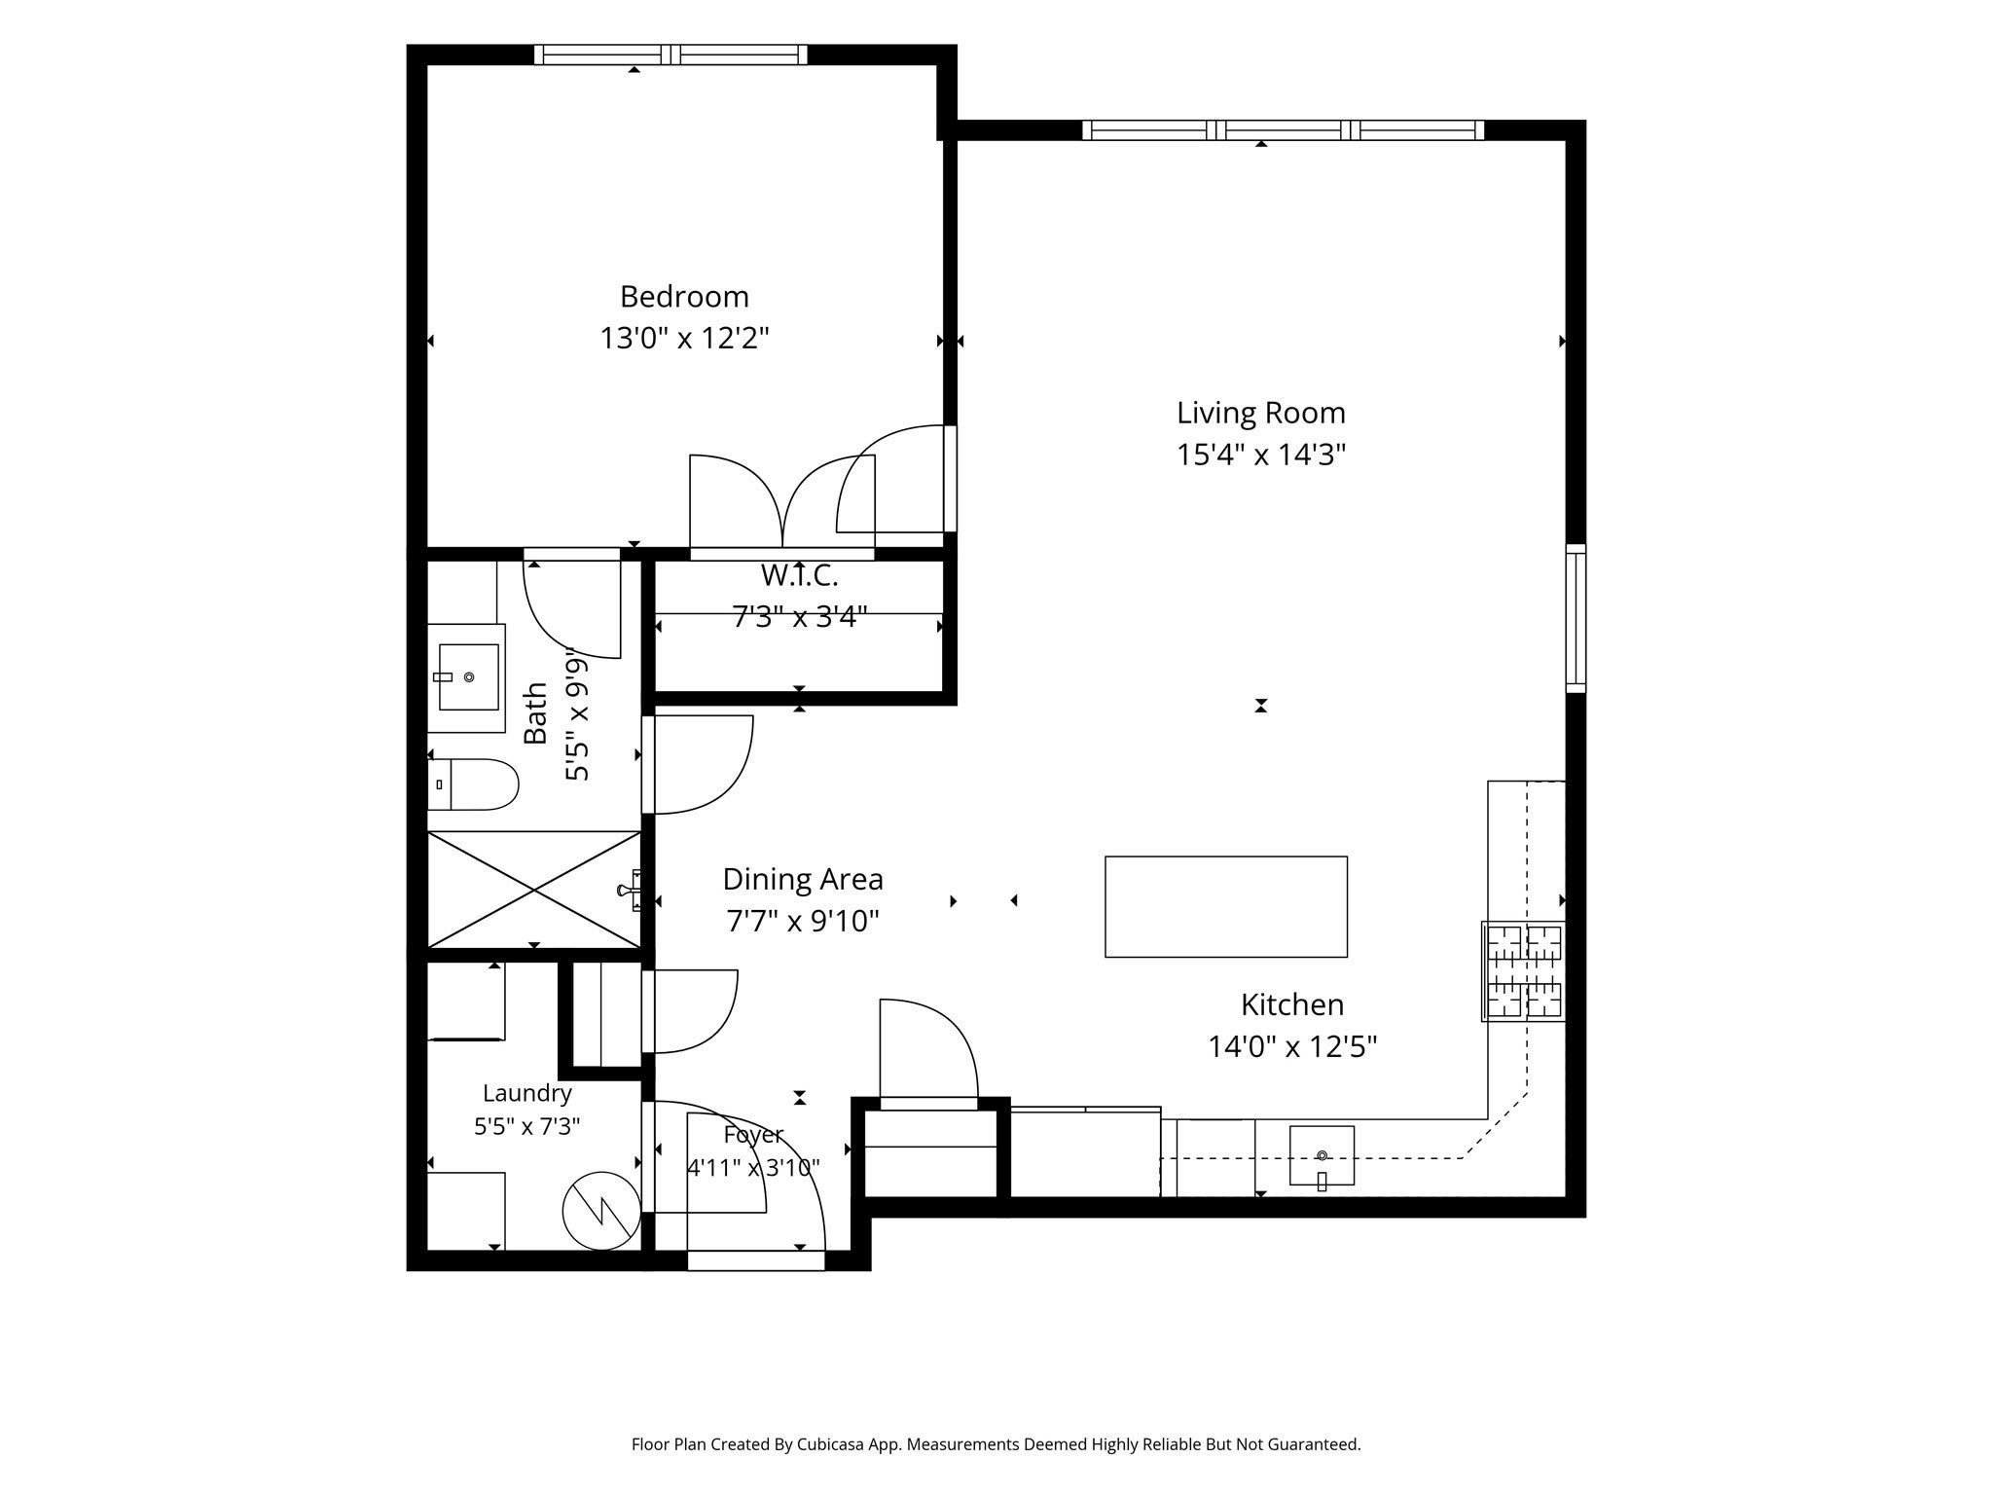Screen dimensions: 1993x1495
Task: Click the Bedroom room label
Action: (684, 296)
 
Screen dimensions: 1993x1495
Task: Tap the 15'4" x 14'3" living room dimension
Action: (1260, 455)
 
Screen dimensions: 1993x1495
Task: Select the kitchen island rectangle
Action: (1226, 906)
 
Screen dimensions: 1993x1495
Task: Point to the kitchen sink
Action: (1322, 1155)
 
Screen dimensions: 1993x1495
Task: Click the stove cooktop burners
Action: (1524, 970)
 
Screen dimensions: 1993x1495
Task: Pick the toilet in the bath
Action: (473, 784)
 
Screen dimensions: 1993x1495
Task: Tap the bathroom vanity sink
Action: (468, 676)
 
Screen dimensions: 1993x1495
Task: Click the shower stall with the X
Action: (534, 890)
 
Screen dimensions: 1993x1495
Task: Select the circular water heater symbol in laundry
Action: (601, 1210)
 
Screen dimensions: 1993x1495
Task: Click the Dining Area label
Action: (803, 879)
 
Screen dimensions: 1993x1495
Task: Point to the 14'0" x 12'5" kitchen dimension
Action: (1292, 1046)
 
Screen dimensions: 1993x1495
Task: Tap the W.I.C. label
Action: (799, 575)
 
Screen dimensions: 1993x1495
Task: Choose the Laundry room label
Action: (526, 1093)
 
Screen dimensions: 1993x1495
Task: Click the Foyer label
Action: (753, 1135)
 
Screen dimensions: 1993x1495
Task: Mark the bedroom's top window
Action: (670, 55)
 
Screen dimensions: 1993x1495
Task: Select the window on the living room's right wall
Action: (1576, 618)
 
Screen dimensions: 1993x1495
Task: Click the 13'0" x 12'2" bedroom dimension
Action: (684, 338)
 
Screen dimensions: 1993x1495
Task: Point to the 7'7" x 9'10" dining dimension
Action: (803, 921)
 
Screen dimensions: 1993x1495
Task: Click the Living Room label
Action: (1260, 413)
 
